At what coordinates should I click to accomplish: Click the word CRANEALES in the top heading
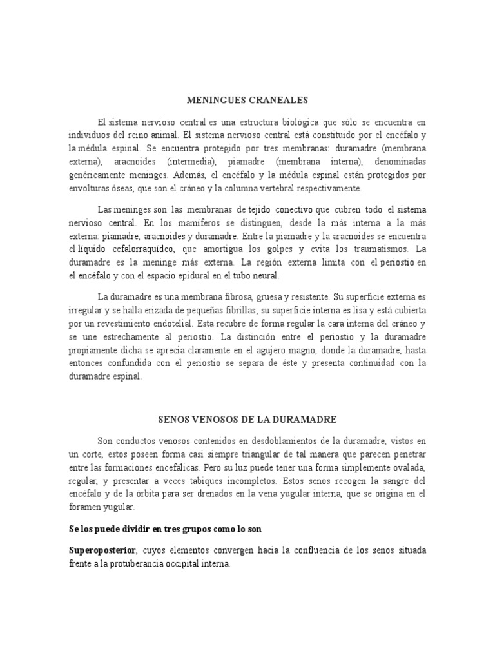pyautogui.click(x=280, y=101)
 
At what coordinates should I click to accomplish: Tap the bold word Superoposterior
pyautogui.click(x=102, y=552)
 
